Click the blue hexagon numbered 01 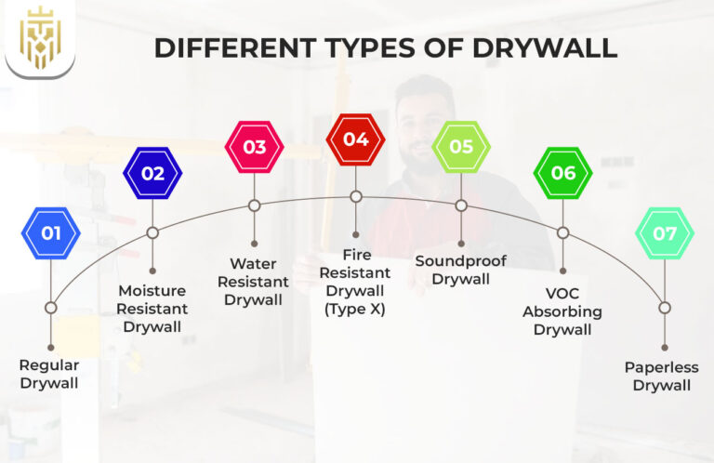(51, 232)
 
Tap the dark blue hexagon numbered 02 (152, 173)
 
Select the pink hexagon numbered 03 (254, 147)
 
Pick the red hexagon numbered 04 (355, 139)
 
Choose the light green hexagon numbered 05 (461, 147)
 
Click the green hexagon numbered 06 (562, 173)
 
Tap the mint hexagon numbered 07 (665, 232)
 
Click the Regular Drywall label (49, 374)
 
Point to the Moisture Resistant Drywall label (152, 309)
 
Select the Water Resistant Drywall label (253, 283)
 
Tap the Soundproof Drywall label (460, 269)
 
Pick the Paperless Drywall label (662, 376)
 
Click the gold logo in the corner (39, 38)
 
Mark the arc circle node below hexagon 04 (355, 196)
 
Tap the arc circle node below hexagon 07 (665, 308)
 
